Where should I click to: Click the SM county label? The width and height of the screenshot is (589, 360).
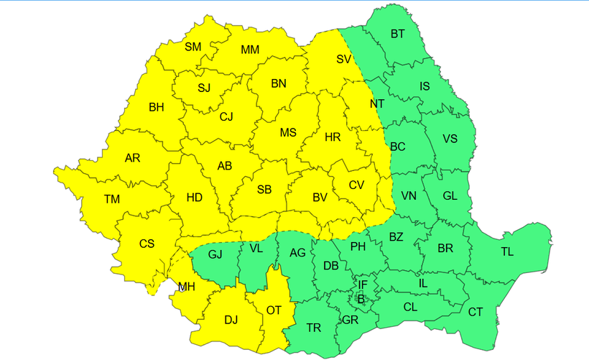(x=193, y=47)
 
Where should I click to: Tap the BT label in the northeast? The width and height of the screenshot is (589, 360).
(x=397, y=34)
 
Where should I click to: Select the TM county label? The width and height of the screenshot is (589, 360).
(x=112, y=199)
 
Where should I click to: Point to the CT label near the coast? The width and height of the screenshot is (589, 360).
(x=476, y=312)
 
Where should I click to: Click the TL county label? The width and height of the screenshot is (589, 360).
(x=507, y=251)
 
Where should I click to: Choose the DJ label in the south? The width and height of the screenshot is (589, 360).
(x=231, y=321)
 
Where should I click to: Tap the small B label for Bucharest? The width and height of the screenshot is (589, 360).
(x=361, y=298)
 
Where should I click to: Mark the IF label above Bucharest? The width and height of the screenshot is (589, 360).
(x=363, y=285)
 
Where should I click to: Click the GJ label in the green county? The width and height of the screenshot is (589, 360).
(x=215, y=254)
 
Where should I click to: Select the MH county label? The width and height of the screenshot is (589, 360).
(x=187, y=287)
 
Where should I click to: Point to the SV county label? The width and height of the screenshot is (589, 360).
(x=343, y=60)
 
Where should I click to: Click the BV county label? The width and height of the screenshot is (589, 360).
(x=320, y=197)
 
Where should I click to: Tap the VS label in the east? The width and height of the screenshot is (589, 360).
(x=450, y=139)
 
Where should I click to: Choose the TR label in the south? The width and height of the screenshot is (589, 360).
(x=314, y=328)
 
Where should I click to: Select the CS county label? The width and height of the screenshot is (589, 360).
(x=147, y=244)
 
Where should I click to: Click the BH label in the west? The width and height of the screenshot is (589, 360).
(x=156, y=108)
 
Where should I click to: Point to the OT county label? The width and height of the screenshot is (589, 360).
(x=274, y=310)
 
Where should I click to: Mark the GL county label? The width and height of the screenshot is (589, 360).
(x=450, y=195)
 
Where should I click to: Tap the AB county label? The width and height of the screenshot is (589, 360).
(x=225, y=166)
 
